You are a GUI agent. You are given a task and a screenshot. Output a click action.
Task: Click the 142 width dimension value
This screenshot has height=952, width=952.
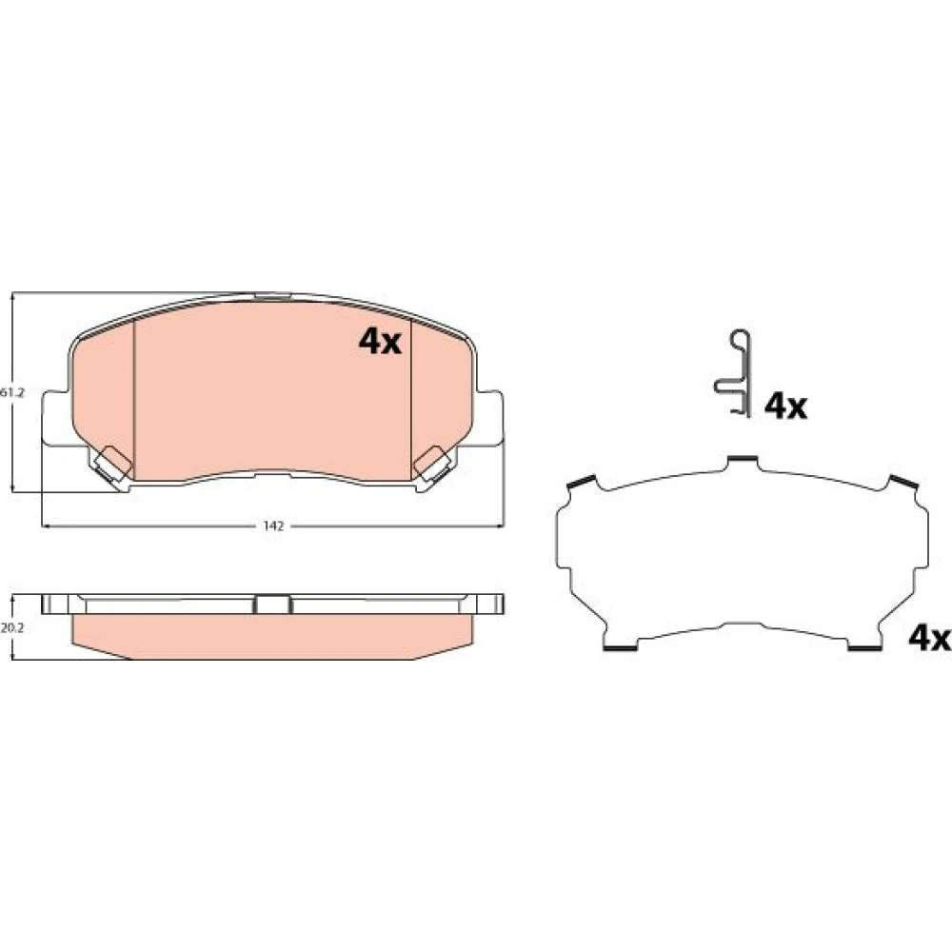(273, 526)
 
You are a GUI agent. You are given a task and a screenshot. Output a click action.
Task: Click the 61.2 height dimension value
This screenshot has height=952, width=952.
(11, 393)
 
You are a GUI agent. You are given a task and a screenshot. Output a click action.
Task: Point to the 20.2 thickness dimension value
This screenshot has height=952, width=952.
(11, 628)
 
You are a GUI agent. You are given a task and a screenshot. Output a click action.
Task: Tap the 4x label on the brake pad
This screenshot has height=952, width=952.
(380, 342)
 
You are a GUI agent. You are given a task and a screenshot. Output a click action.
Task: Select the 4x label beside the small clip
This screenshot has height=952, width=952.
(785, 407)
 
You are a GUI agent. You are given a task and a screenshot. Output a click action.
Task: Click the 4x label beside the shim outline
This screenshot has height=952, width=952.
(929, 638)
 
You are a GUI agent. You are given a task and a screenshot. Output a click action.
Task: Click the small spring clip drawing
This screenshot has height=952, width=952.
(732, 373)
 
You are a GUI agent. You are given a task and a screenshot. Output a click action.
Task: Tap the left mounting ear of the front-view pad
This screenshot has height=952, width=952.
(56, 419)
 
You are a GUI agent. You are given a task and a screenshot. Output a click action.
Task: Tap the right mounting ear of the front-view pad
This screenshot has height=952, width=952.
(489, 419)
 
